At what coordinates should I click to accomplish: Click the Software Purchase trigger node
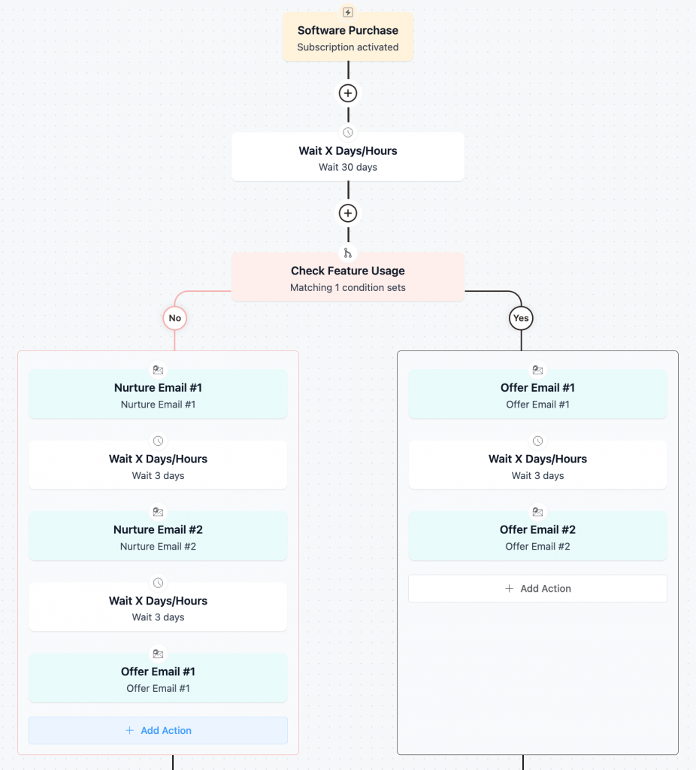347,38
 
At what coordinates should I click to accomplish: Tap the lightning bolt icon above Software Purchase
347,12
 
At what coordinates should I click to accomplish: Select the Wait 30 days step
347,158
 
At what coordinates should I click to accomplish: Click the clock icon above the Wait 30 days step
347,132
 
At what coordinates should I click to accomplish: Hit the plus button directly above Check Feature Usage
347,213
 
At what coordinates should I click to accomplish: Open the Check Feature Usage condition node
347,278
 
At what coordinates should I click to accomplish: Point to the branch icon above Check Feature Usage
347,253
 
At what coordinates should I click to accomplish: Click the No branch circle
174,318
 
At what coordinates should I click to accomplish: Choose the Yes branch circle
521,318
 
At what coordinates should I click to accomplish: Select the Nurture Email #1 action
158,395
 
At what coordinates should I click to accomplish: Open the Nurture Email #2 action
158,537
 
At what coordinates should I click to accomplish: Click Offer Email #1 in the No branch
158,679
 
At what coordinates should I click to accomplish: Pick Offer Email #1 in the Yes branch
537,395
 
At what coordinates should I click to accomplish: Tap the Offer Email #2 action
537,537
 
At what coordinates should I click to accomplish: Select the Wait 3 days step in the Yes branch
537,466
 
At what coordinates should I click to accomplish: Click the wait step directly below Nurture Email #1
158,466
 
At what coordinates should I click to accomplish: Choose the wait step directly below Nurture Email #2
158,608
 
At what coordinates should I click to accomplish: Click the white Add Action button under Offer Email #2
537,589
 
